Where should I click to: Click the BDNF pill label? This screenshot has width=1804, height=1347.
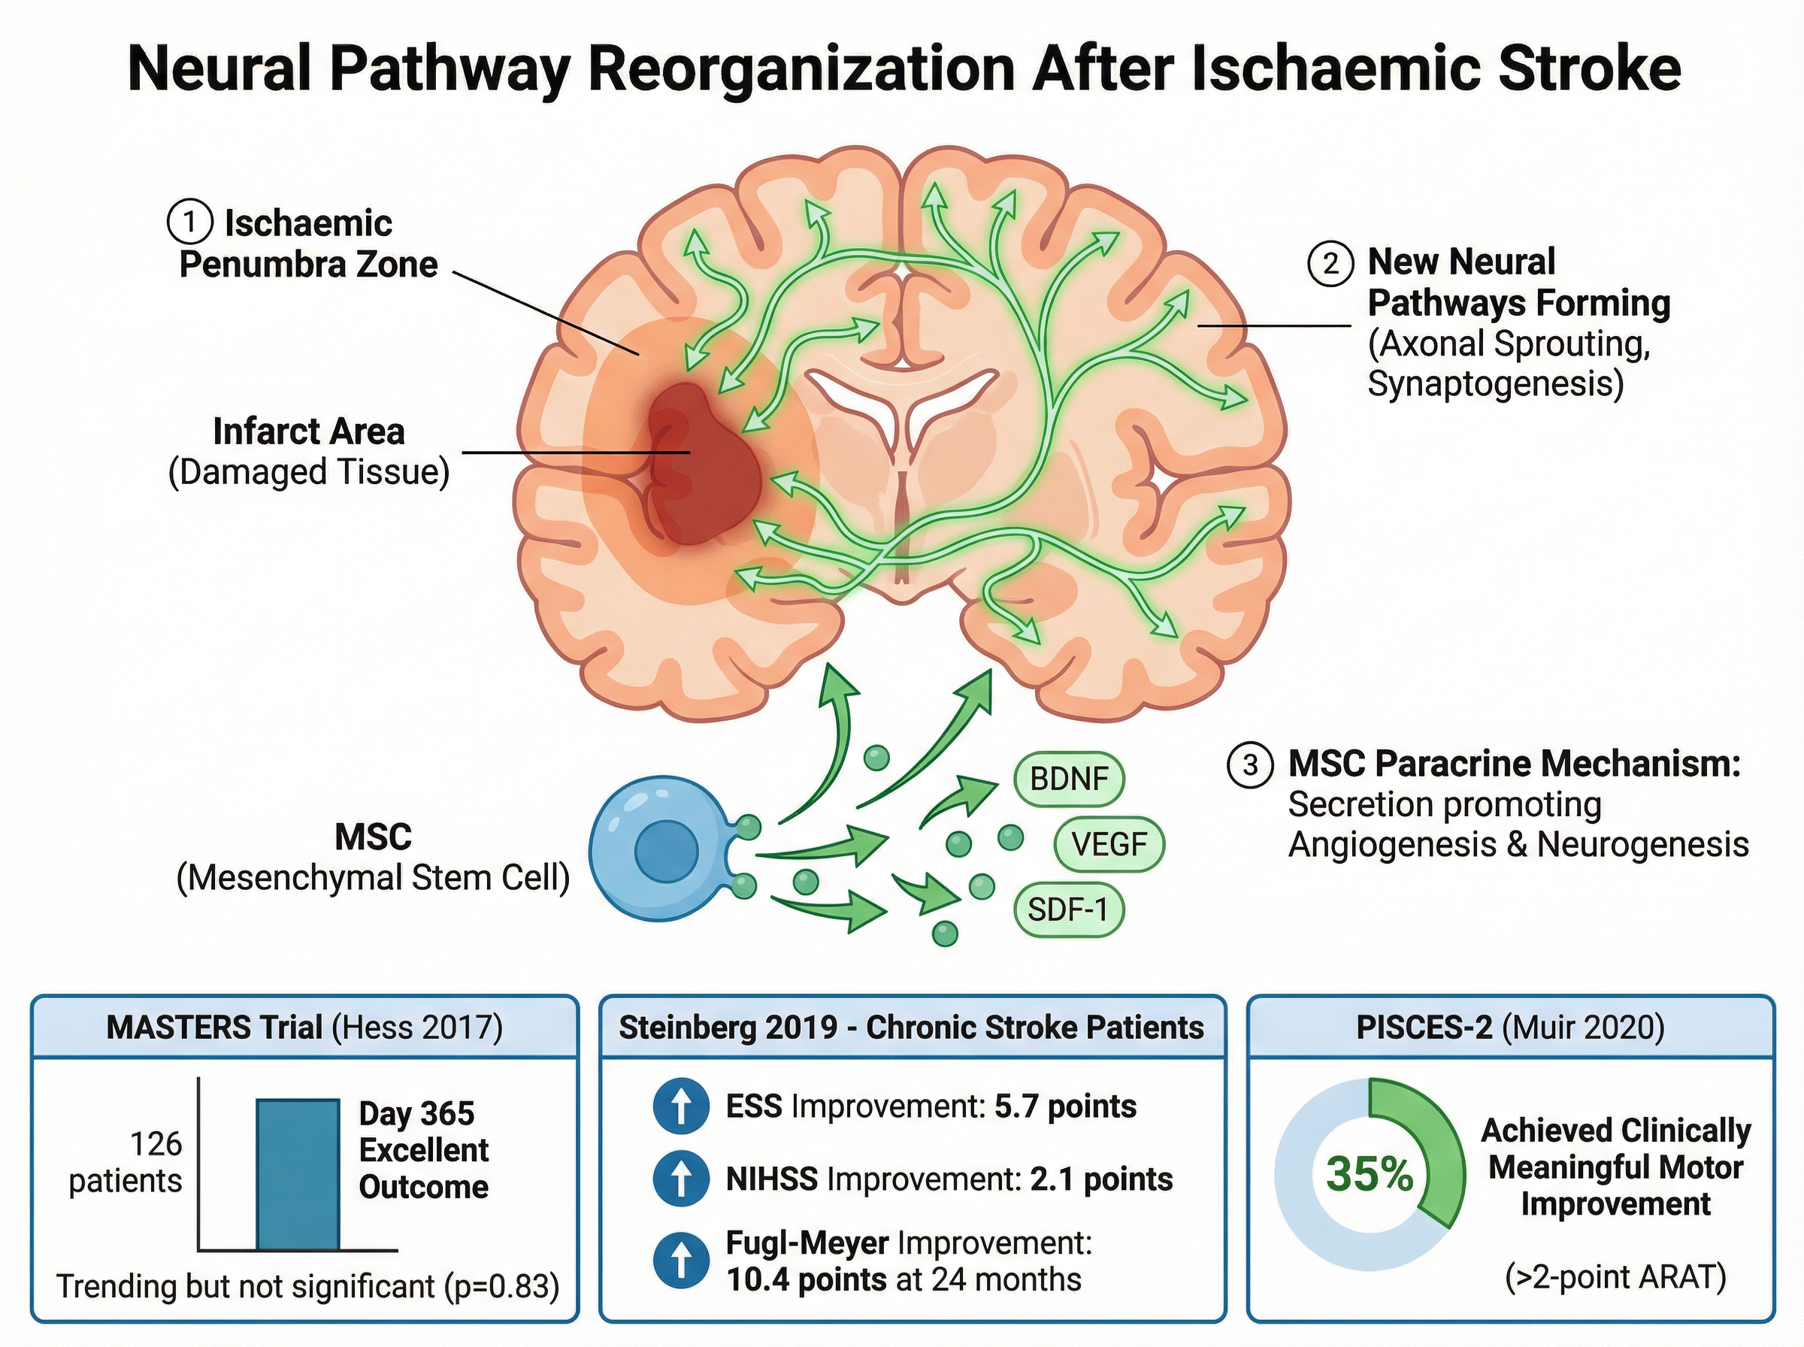(1069, 779)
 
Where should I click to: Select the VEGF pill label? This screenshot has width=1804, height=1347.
(1109, 844)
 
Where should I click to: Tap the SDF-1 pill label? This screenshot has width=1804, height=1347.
(1068, 908)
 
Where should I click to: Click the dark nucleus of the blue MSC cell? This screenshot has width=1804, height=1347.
(666, 849)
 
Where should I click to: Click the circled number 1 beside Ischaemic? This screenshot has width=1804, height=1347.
(189, 222)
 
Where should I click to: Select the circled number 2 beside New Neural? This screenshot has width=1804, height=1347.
(1330, 262)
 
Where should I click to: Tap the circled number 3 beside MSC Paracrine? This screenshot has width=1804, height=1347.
(1250, 764)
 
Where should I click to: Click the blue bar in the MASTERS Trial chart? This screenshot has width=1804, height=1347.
(298, 1174)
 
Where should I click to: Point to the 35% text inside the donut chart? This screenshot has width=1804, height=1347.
(1369, 1174)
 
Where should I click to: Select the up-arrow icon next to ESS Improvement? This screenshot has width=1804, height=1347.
(681, 1106)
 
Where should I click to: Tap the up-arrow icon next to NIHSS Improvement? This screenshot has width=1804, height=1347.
(681, 1178)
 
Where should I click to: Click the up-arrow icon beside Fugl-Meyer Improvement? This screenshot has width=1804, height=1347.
(681, 1260)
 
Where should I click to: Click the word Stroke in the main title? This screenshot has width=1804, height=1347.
(1589, 69)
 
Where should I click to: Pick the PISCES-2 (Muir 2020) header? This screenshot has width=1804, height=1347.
(1509, 1028)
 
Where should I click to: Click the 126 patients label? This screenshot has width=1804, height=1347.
(126, 1162)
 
